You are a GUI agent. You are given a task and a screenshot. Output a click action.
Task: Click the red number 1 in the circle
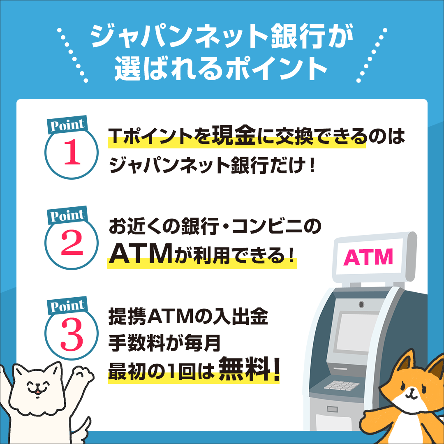(x=72, y=152)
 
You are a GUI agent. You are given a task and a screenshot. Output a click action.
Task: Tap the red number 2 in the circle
(x=72, y=243)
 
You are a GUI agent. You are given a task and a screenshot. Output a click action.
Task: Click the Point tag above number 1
(x=67, y=125)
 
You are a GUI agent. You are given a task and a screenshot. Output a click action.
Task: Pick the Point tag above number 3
(x=67, y=305)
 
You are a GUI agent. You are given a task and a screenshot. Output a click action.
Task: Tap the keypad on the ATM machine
(x=342, y=385)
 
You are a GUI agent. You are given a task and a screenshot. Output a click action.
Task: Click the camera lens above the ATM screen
(x=361, y=305)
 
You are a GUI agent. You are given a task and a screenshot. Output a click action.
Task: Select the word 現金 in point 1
(x=234, y=136)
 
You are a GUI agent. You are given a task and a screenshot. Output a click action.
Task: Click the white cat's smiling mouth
(x=37, y=391)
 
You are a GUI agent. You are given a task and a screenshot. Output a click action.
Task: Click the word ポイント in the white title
(x=276, y=68)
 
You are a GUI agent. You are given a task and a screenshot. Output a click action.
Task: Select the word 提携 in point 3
(x=127, y=316)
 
